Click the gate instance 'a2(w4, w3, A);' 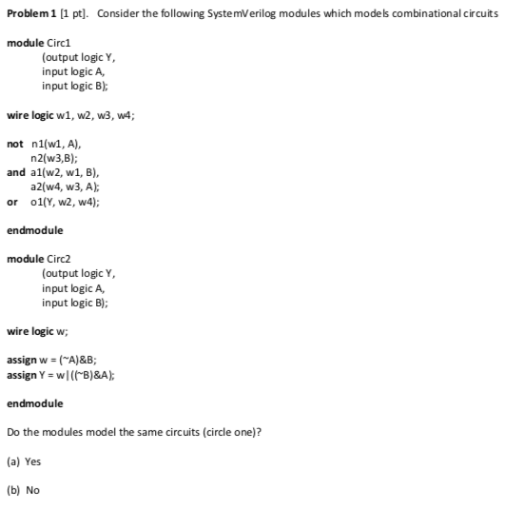(x=67, y=186)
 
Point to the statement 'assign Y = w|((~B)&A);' (x=63, y=374)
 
